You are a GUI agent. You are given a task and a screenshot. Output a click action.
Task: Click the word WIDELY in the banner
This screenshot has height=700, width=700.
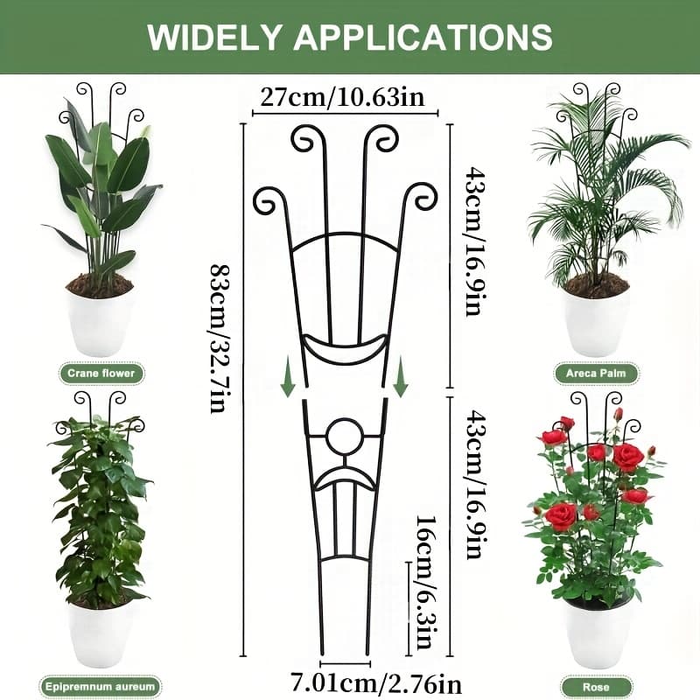tap(214, 37)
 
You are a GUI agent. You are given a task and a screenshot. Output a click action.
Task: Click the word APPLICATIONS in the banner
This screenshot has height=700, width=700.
tap(423, 37)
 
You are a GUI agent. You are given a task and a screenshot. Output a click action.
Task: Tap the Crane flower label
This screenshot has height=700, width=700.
tap(101, 374)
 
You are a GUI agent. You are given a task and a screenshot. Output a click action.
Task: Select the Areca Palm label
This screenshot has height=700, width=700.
tap(596, 374)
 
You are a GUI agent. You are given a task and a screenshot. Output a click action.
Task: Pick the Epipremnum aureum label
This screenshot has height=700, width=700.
tap(100, 687)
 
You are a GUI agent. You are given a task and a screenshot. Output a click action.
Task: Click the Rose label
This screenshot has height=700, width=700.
tap(596, 687)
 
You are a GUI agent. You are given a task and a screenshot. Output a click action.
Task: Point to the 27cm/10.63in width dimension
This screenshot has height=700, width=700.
tap(343, 97)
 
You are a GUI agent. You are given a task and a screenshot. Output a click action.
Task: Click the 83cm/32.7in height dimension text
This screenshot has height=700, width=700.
tap(220, 339)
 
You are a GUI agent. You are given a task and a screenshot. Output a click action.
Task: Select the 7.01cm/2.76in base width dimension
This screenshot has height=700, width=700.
tap(376, 683)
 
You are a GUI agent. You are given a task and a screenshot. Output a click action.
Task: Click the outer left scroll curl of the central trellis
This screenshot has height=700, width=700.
tap(268, 200)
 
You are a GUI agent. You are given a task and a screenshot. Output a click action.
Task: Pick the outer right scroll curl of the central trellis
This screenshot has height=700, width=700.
tap(423, 196)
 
